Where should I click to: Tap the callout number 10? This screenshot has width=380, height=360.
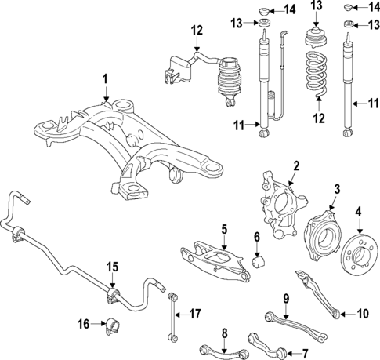(x=362, y=313)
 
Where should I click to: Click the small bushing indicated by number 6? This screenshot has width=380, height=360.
(x=258, y=260)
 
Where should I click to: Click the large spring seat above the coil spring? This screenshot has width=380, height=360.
(x=317, y=38)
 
